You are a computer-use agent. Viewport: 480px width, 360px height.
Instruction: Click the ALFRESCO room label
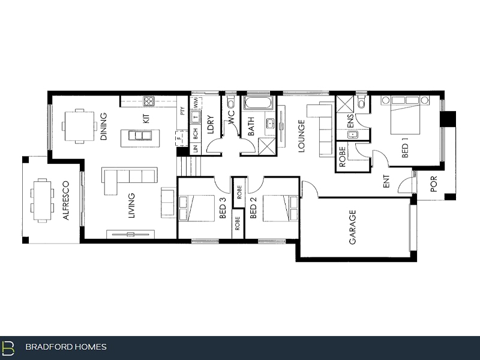pos(66,200)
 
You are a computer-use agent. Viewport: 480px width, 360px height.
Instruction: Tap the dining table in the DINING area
pos(79,126)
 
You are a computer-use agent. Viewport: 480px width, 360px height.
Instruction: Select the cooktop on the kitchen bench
pos(149,101)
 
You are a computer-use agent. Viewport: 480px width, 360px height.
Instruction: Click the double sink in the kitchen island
pos(140,136)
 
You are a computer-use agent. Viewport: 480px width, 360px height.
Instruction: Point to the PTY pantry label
pos(183,111)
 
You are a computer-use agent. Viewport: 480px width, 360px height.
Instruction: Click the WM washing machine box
pos(196,103)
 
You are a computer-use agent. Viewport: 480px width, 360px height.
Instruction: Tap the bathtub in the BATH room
pos(258,103)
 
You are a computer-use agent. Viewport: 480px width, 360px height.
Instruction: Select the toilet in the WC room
pos(230,101)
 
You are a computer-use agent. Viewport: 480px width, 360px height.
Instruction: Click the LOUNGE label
pos(301,136)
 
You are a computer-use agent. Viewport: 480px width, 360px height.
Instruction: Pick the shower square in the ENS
pos(345,104)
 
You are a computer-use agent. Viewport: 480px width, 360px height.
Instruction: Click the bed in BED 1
pos(405,115)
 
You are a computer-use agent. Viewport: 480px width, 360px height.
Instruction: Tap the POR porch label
pos(433,184)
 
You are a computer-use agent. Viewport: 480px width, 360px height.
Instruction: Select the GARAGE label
pos(352,227)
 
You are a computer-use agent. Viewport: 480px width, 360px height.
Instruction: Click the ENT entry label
pos(386,181)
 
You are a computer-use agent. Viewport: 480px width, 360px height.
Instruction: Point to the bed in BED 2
pos(280,208)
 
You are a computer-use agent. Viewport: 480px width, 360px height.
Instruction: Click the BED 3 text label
pos(223,208)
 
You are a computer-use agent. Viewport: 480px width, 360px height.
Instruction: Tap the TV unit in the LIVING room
pos(130,234)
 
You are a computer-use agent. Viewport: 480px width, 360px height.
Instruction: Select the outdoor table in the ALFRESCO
pos(42,200)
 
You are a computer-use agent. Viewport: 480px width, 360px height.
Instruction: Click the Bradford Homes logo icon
pos(8,348)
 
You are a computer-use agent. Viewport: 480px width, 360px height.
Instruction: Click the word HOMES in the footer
pos(91,347)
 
